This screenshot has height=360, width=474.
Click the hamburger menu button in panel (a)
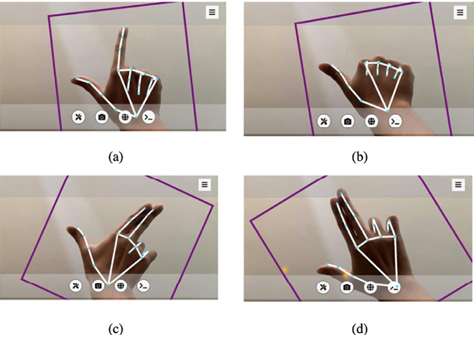coord(212,12)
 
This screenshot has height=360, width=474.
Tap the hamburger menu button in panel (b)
coord(460,12)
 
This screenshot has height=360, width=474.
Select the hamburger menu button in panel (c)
coord(205,184)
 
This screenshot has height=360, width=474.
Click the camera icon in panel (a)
coord(102,117)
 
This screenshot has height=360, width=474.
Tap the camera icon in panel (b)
coord(348,121)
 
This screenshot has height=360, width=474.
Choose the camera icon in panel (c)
coord(98,285)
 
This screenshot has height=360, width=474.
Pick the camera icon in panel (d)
coord(347,287)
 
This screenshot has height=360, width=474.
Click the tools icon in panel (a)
coord(78,117)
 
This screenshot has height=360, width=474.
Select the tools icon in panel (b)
coord(324,121)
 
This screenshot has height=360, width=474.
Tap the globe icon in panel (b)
coord(371,121)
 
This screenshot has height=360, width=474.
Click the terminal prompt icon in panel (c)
coord(144,285)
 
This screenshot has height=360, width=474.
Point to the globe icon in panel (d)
coord(371,287)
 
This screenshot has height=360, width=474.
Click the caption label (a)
coord(116,157)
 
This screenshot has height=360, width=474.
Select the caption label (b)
coord(360,157)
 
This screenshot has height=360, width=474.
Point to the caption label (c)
coord(116,328)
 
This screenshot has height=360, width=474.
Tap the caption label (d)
coord(360,328)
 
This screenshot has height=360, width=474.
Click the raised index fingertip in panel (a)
coord(124,27)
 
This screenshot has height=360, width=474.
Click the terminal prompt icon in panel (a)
coord(149,117)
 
